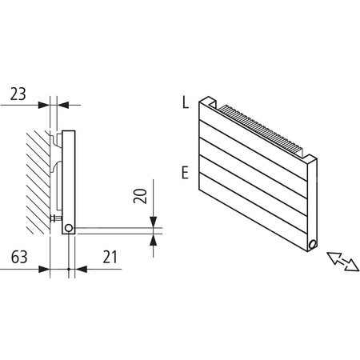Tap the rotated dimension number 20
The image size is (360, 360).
[141, 197]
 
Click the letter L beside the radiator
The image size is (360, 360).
[185, 102]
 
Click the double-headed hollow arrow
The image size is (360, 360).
[342, 262]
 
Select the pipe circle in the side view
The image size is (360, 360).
[70, 228]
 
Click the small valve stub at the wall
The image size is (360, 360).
[54, 217]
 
